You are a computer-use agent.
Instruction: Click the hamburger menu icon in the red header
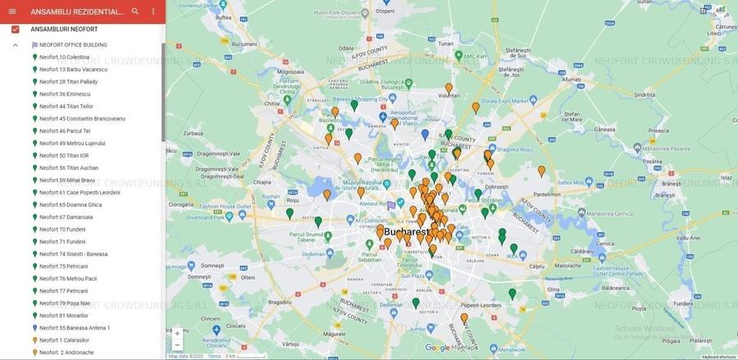[12, 11]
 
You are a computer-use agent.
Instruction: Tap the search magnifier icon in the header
[135, 11]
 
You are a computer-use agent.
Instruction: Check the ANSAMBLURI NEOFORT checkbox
[15, 30]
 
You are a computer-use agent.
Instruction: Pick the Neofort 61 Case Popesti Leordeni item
[80, 193]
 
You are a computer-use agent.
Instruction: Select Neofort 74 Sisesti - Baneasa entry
[73, 254]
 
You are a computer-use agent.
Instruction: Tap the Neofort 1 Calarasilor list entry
[64, 340]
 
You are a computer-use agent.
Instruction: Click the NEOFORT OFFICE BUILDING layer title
[73, 45]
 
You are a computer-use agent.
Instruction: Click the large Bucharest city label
[407, 232]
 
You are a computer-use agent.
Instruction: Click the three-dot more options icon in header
[153, 11]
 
